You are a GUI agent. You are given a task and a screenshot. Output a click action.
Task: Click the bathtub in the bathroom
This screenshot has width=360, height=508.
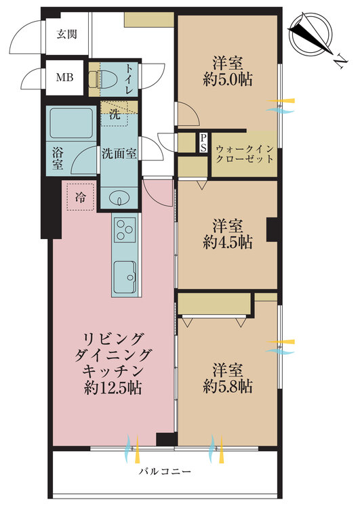[x=71, y=124]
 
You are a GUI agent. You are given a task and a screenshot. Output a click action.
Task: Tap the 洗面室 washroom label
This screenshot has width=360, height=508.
[x=119, y=153]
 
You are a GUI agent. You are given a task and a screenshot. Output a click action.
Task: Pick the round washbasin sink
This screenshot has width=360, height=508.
[x=119, y=199]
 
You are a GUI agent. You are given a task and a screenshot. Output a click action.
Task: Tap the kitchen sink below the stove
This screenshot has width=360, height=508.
[x=125, y=275]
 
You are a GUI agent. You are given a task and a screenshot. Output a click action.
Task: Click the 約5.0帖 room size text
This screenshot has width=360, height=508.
[x=227, y=80]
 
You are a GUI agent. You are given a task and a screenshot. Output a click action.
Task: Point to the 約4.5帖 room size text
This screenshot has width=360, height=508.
[x=227, y=242]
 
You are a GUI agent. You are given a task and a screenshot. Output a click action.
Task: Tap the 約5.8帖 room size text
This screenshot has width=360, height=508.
[x=227, y=387]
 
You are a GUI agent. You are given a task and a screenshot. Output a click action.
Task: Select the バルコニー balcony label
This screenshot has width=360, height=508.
[x=165, y=471]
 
